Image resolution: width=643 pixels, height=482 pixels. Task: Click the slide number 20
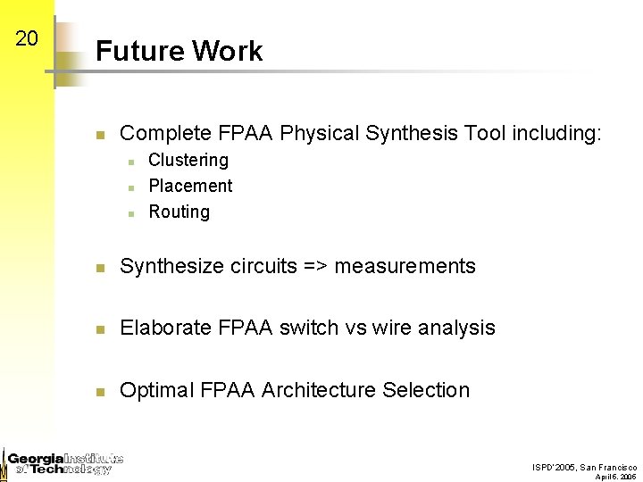[27, 38]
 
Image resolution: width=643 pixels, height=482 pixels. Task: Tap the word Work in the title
[227, 51]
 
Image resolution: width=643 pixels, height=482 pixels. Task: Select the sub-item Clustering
[188, 160]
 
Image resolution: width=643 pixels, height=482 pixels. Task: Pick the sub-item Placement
[190, 186]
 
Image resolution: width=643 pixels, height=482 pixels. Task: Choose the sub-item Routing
[180, 212]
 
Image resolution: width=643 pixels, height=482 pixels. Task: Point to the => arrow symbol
[313, 266]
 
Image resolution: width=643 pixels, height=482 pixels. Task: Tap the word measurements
[405, 266]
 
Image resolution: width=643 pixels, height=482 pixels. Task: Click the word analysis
[457, 328]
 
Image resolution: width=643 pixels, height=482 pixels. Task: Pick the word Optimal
[156, 390]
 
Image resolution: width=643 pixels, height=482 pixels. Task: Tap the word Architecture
[319, 390]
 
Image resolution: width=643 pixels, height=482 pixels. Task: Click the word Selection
[426, 390]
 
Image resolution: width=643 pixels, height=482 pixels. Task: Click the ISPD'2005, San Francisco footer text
[584, 467]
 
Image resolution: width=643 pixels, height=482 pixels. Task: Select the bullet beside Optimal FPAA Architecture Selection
[102, 391]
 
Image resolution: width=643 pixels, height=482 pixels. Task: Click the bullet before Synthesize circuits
[102, 267]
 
